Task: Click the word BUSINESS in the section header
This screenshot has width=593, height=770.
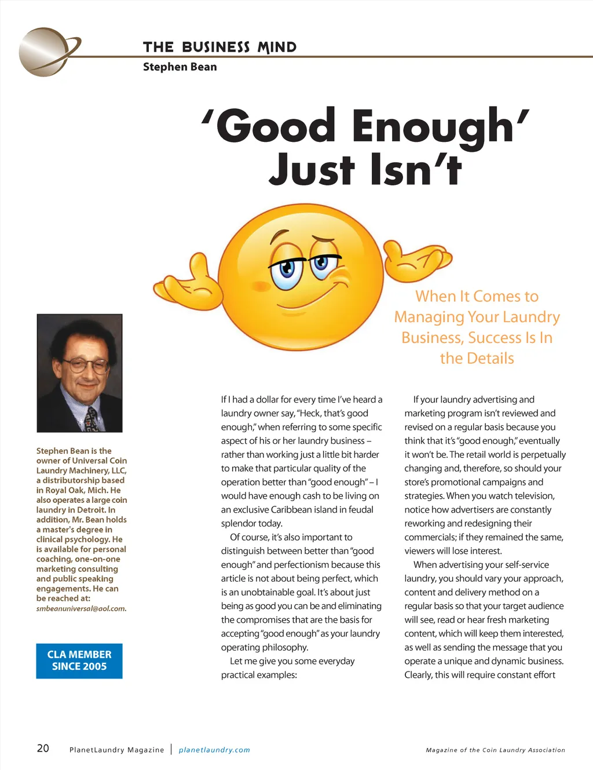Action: tap(215, 48)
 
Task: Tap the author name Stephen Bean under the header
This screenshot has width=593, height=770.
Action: tap(180, 67)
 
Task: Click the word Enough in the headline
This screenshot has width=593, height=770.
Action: tap(433, 126)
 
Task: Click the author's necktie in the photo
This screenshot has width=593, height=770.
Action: tap(91, 419)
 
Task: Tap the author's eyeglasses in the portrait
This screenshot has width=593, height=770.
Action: tap(86, 366)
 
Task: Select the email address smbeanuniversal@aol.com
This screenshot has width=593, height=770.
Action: tap(81, 609)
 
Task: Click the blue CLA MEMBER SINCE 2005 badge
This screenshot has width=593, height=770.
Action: tap(79, 660)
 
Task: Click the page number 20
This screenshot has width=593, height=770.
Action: tap(43, 748)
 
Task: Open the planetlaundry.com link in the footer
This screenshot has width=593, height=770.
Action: tap(214, 750)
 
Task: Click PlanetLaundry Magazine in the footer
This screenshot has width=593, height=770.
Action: tap(116, 750)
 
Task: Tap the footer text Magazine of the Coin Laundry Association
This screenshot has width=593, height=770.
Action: tap(495, 750)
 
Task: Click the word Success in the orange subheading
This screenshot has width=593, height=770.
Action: tap(495, 338)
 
